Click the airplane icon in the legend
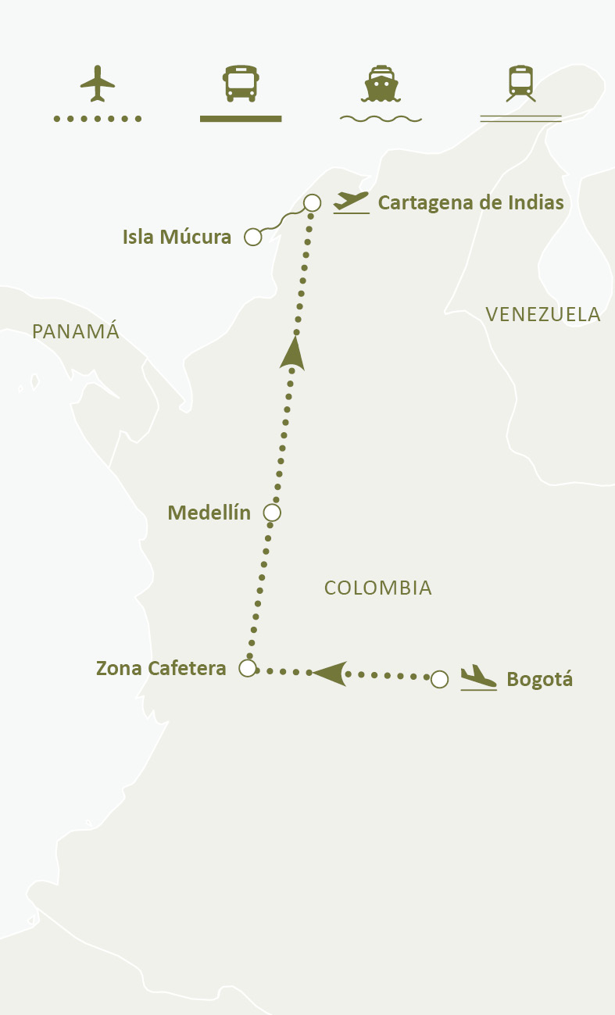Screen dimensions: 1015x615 tap(98, 84)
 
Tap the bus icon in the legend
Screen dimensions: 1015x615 tap(241, 84)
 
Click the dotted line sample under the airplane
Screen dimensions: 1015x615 tap(98, 119)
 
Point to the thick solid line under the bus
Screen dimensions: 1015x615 tap(241, 119)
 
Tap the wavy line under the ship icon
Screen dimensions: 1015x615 tap(381, 119)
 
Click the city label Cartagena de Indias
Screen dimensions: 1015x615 tap(470, 202)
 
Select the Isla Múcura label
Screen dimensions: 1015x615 tap(177, 237)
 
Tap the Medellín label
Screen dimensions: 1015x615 tap(209, 513)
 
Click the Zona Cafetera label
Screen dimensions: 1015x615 tap(161, 668)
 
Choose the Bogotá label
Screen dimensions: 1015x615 tap(539, 679)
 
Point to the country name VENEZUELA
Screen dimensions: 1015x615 tap(542, 314)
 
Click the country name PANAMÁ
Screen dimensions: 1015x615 tap(76, 331)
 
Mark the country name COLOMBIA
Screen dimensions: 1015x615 tap(378, 588)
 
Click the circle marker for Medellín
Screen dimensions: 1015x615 tap(272, 513)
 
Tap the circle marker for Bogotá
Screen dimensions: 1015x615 tap(440, 679)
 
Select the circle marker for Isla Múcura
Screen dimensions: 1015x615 tap(252, 237)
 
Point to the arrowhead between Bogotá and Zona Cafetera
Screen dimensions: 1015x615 tap(330, 673)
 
